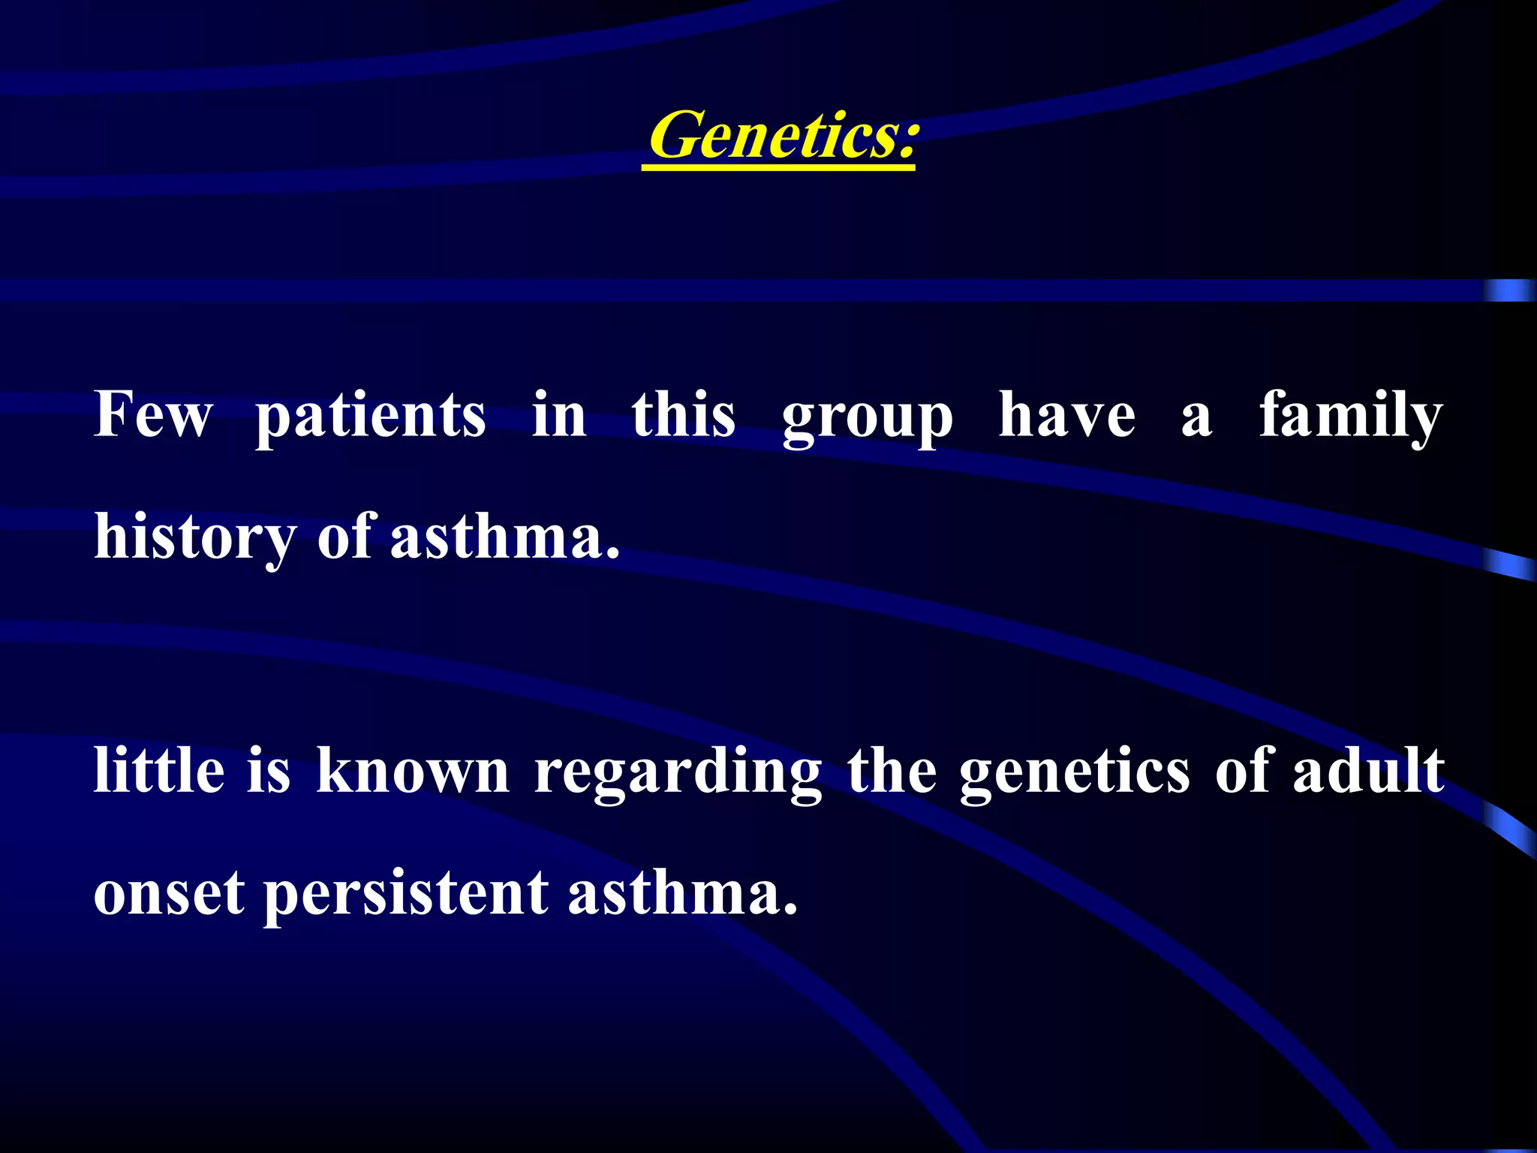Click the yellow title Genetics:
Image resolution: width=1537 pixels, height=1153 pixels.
click(781, 135)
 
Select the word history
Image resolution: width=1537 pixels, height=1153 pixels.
click(195, 539)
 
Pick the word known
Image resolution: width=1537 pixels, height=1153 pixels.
click(413, 772)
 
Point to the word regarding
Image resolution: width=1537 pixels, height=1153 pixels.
click(678, 775)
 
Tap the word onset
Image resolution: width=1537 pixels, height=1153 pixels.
click(169, 895)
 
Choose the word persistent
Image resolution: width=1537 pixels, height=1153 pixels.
click(406, 896)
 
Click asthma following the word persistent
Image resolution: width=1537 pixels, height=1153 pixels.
click(681, 893)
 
